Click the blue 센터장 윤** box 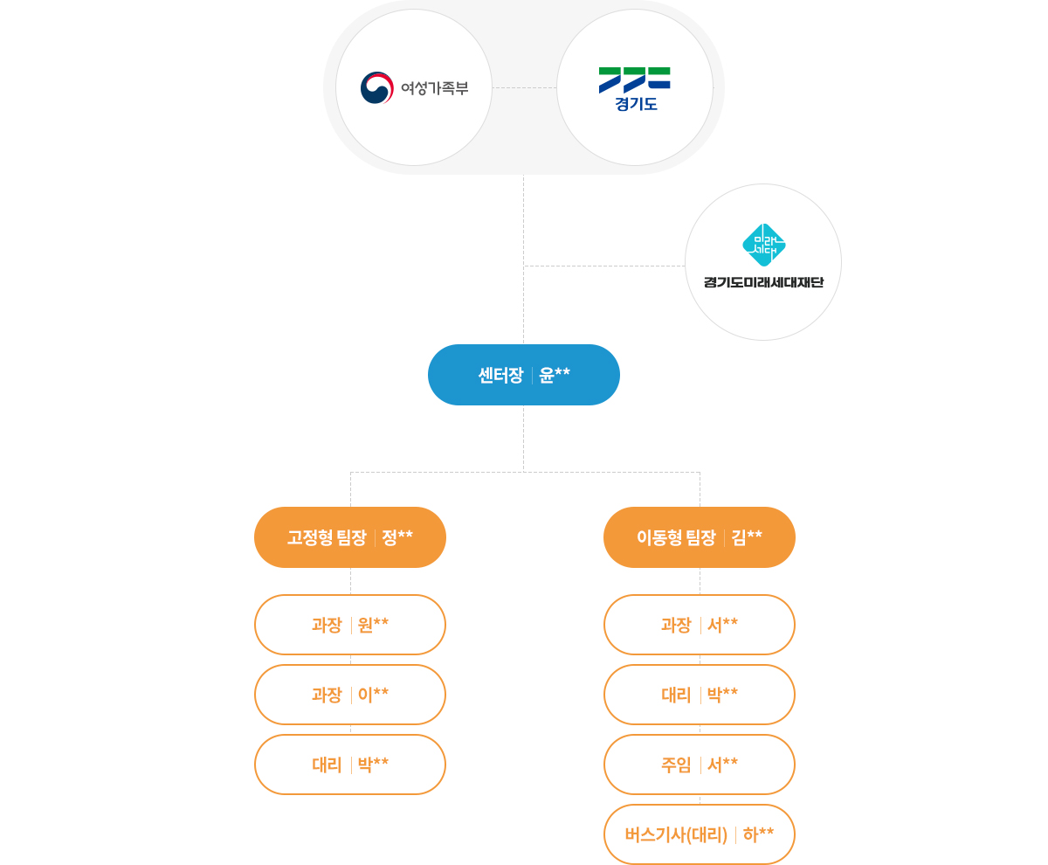click(524, 375)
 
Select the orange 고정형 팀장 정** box click(350, 537)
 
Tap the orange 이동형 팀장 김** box click(700, 537)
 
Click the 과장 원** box click(350, 625)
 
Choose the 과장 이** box click(350, 695)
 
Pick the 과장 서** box click(700, 625)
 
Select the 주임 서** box click(700, 765)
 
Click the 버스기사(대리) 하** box click(700, 834)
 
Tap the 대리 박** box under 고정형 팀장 click(350, 765)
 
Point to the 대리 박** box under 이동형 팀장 click(700, 695)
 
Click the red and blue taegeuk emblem click(377, 87)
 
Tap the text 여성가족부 click(435, 88)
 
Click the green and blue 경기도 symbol click(635, 79)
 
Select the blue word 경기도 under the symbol click(635, 104)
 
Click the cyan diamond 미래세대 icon click(763, 245)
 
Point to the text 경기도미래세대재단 click(763, 282)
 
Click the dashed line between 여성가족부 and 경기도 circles click(524, 87)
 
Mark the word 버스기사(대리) click(676, 834)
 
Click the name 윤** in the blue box click(555, 375)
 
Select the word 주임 click(676, 765)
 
